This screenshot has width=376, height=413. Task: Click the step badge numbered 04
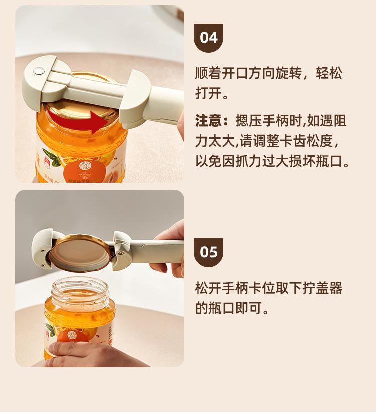click(x=208, y=38)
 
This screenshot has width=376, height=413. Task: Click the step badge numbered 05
click(x=208, y=252)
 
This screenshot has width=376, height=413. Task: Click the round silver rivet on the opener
click(x=39, y=70)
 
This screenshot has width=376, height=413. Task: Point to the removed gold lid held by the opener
click(x=81, y=252)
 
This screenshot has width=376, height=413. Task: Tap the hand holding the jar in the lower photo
click(x=92, y=353)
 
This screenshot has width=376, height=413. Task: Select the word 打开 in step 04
click(x=208, y=93)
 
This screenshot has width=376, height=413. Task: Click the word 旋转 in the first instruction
click(x=289, y=73)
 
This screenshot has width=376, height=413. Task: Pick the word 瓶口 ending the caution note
click(x=329, y=161)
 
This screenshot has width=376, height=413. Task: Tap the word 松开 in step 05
click(x=208, y=288)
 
